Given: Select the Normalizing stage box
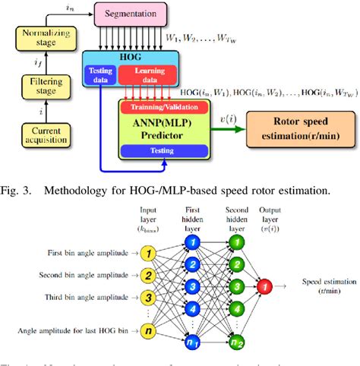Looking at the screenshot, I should (45, 39).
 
